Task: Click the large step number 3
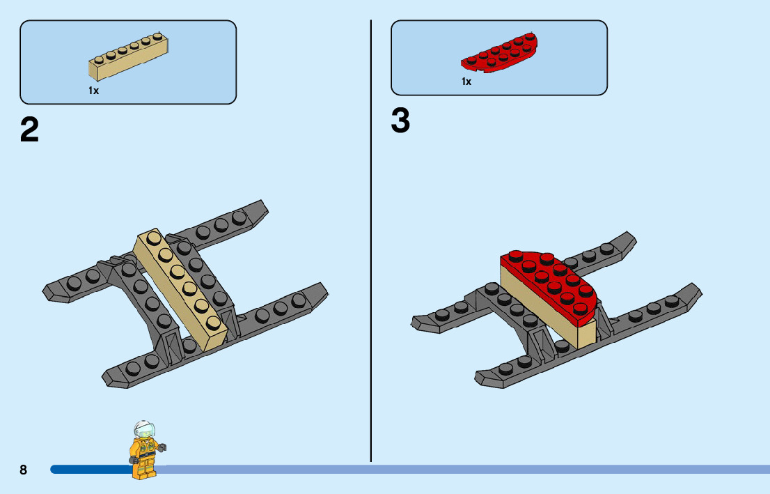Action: (400, 121)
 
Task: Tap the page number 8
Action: (23, 470)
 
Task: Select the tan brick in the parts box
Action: (129, 59)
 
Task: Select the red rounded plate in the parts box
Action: (501, 54)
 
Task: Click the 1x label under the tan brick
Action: (93, 91)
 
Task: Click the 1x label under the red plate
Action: (466, 82)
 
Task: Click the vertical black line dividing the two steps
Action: (371, 279)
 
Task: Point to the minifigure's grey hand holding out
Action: (163, 447)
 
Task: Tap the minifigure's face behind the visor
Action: (143, 433)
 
